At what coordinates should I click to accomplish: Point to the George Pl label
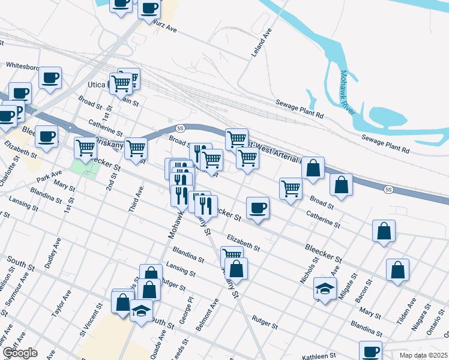189,308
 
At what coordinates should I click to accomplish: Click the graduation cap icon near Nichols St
325,290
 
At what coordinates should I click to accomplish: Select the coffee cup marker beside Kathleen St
370,351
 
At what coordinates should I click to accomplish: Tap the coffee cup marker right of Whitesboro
50,78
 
